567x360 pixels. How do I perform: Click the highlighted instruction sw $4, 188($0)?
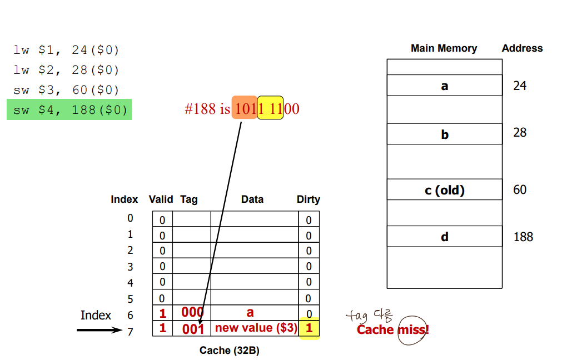pyautogui.click(x=69, y=110)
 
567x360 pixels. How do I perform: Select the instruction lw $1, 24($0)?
pyautogui.click(x=67, y=50)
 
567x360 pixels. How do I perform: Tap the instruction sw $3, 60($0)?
pyautogui.click(x=67, y=90)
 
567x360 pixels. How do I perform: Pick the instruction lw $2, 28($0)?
pyautogui.click(x=67, y=70)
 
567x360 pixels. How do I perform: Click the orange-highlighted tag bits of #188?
pyautogui.click(x=245, y=108)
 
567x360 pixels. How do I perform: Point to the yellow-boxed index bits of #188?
pyautogui.click(x=270, y=108)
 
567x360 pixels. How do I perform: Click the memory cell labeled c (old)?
pyautogui.click(x=445, y=190)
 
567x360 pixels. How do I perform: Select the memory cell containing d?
pyautogui.click(x=445, y=237)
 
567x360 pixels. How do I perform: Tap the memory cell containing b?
pyautogui.click(x=445, y=134)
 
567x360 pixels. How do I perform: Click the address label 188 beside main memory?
pyautogui.click(x=523, y=237)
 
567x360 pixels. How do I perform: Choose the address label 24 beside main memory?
pyautogui.click(x=520, y=86)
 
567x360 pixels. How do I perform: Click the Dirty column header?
pyautogui.click(x=309, y=199)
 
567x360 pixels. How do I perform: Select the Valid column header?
pyautogui.click(x=161, y=199)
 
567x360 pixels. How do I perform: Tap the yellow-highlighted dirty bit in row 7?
pyautogui.click(x=309, y=328)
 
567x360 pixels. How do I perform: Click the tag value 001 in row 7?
pyautogui.click(x=193, y=328)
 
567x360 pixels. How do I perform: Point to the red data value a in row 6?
pyautogui.click(x=250, y=312)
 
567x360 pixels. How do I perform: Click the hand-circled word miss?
pyautogui.click(x=412, y=330)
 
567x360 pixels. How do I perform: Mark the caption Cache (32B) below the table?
pyautogui.click(x=229, y=351)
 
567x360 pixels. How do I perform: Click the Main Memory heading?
pyautogui.click(x=444, y=48)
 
